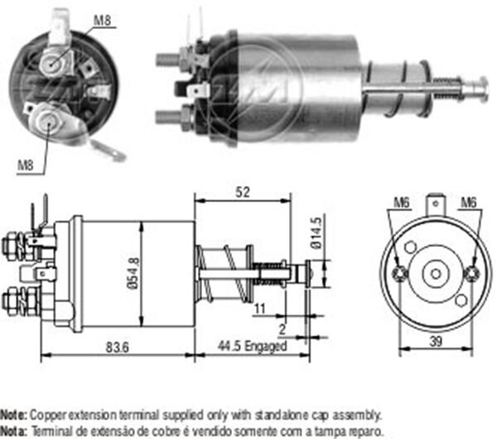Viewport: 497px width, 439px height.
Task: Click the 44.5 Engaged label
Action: pos(252,347)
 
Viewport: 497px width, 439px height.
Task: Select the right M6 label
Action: pos(470,201)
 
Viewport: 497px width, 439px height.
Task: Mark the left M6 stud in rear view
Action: pos(401,274)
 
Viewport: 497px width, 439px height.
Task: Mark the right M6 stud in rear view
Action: pos(471,274)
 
